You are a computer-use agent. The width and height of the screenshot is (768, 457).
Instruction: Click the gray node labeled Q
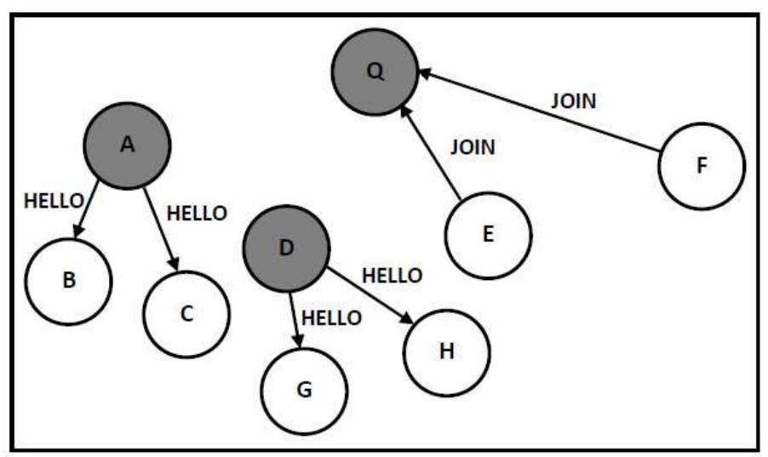click(375, 72)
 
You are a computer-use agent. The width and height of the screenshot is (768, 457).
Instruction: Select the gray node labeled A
click(127, 146)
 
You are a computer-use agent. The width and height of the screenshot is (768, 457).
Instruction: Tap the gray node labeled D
click(286, 248)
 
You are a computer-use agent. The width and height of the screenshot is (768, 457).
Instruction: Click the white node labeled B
click(69, 281)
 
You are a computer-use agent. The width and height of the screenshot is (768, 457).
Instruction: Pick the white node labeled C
click(186, 314)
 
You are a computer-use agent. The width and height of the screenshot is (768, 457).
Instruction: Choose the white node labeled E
click(488, 234)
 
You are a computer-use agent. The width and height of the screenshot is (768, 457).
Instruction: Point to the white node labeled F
click(702, 166)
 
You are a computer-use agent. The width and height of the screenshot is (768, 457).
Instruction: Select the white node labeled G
click(305, 391)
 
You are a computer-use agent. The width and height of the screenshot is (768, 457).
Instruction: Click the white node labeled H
click(447, 351)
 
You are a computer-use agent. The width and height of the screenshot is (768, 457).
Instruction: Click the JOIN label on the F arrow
click(573, 100)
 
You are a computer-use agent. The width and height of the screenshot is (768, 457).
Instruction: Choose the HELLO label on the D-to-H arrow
click(392, 275)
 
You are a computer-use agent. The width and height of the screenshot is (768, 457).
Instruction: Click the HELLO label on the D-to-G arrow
click(332, 317)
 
